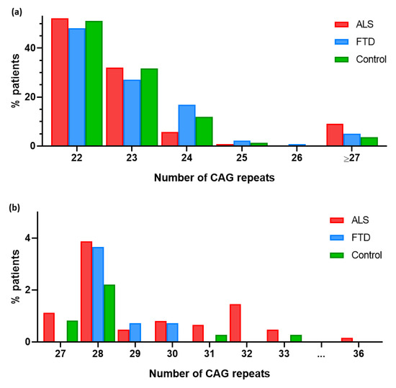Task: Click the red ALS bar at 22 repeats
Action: point(60,82)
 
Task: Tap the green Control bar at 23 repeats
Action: point(149,107)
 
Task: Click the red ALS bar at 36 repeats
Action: point(347,340)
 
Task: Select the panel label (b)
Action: point(12,205)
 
